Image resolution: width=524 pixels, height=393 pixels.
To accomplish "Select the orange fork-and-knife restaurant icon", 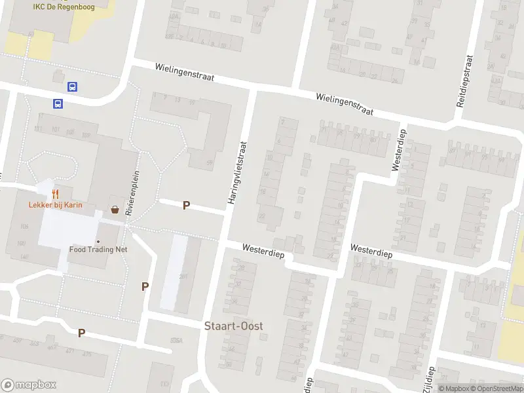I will click(x=56, y=194).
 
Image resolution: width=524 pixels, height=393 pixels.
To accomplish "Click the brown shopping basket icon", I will click(x=115, y=210).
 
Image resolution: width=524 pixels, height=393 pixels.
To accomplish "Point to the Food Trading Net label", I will click(x=98, y=250).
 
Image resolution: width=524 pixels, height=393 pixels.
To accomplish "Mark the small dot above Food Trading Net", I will click(x=98, y=240).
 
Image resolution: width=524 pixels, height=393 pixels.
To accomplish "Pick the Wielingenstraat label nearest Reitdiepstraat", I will click(x=344, y=103).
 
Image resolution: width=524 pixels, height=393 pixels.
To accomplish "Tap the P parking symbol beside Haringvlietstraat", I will click(x=186, y=206).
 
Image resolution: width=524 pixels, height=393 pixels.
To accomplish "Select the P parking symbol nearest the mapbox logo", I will click(x=81, y=333).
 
